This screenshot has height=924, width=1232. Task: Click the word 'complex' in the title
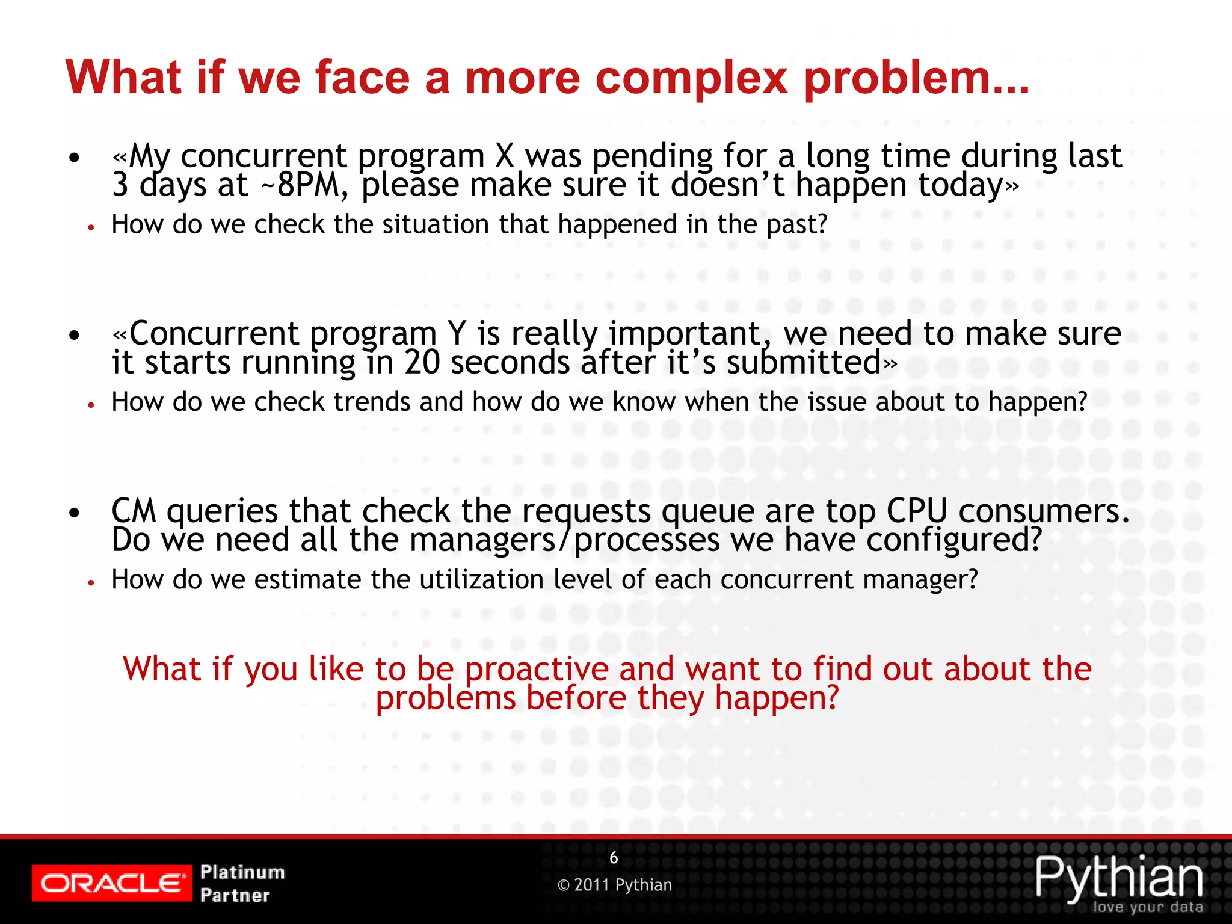(x=691, y=78)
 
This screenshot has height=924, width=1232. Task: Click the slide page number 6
(x=614, y=858)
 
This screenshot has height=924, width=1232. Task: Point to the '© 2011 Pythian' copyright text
(x=615, y=885)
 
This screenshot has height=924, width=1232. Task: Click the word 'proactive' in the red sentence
(x=537, y=669)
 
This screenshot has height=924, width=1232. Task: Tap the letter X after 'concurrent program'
(x=505, y=156)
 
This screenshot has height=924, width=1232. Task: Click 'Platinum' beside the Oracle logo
(x=242, y=872)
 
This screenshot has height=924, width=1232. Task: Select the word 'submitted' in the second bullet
(x=804, y=363)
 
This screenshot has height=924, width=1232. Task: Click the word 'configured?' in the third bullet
(x=954, y=540)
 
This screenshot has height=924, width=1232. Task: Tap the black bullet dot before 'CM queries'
(x=74, y=513)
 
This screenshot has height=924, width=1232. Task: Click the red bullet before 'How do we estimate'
(x=91, y=582)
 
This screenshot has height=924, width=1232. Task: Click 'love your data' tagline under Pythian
(x=1148, y=907)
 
